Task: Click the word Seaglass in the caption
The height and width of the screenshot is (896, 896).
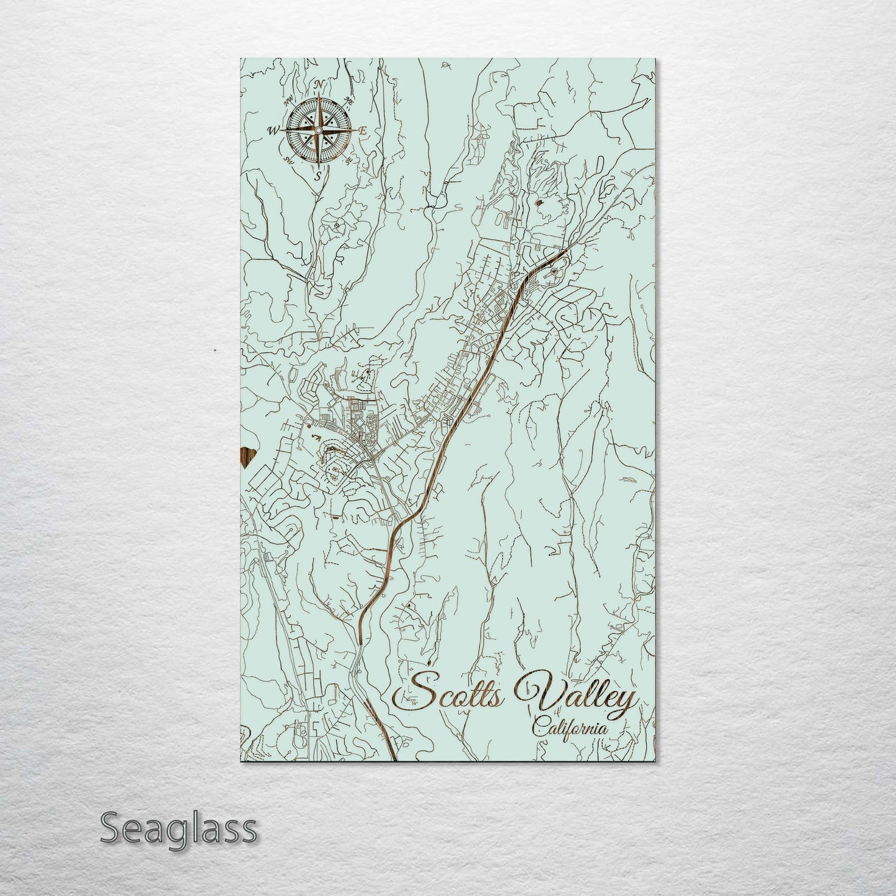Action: [x=178, y=828]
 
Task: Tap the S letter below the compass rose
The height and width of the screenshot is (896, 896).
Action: [x=317, y=176]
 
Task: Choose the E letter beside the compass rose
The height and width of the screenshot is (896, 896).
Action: [x=363, y=131]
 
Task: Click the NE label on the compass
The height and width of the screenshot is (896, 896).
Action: [x=349, y=101]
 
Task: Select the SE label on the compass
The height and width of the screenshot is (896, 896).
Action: [x=348, y=160]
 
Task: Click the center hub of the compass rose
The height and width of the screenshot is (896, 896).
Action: [x=319, y=130]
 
